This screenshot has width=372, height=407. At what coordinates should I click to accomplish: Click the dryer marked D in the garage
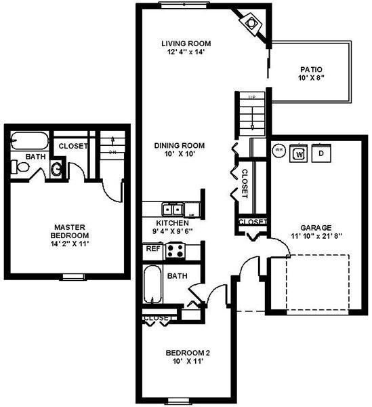(x=321, y=153)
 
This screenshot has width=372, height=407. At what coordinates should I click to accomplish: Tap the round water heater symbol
(x=277, y=151)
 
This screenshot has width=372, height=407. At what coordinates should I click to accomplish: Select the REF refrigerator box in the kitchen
(x=153, y=249)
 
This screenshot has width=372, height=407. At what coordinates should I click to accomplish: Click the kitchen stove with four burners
(x=175, y=250)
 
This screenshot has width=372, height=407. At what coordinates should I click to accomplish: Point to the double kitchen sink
(x=172, y=209)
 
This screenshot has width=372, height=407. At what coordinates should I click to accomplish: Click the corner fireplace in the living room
(x=252, y=23)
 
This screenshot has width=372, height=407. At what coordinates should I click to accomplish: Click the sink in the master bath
(x=57, y=169)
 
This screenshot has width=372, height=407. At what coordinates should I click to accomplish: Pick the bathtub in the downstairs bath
(x=153, y=286)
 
